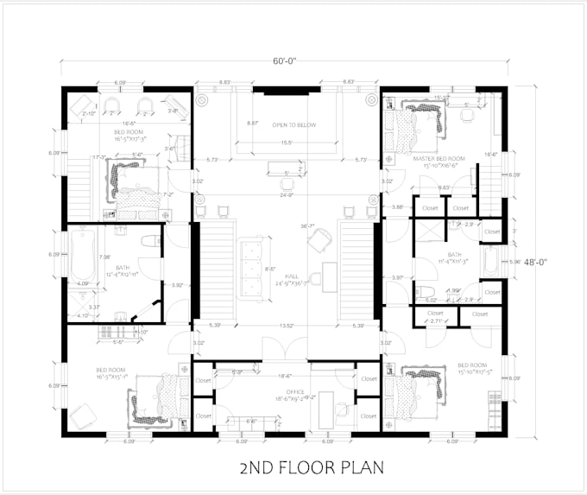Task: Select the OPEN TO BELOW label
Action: (x=294, y=125)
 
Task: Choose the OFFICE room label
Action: (x=283, y=395)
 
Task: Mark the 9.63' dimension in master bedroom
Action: (x=444, y=187)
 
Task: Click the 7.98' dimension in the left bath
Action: (x=104, y=257)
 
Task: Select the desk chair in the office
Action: (x=342, y=409)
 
